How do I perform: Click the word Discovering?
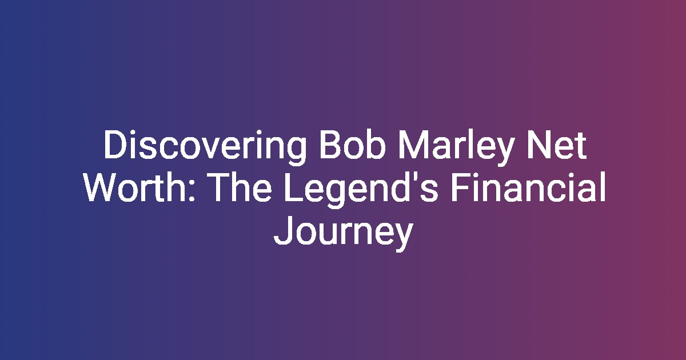pyautogui.click(x=205, y=147)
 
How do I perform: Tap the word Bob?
pyautogui.click(x=352, y=145)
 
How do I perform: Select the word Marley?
pyautogui.click(x=455, y=147)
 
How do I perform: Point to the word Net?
pyautogui.click(x=556, y=145)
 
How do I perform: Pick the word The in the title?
pyautogui.click(x=241, y=187)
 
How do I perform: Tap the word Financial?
pyautogui.click(x=528, y=187)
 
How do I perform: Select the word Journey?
pyautogui.click(x=344, y=233)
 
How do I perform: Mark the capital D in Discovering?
pyautogui.click(x=115, y=145)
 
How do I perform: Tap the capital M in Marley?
pyautogui.click(x=413, y=145)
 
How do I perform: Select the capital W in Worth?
pyautogui.click(x=101, y=188)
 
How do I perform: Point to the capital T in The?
pyautogui.click(x=221, y=188)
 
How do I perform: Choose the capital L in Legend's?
pyautogui.click(x=294, y=188)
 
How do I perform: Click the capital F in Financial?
pyautogui.click(x=460, y=188)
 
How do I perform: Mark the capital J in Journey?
pyautogui.click(x=282, y=231)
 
